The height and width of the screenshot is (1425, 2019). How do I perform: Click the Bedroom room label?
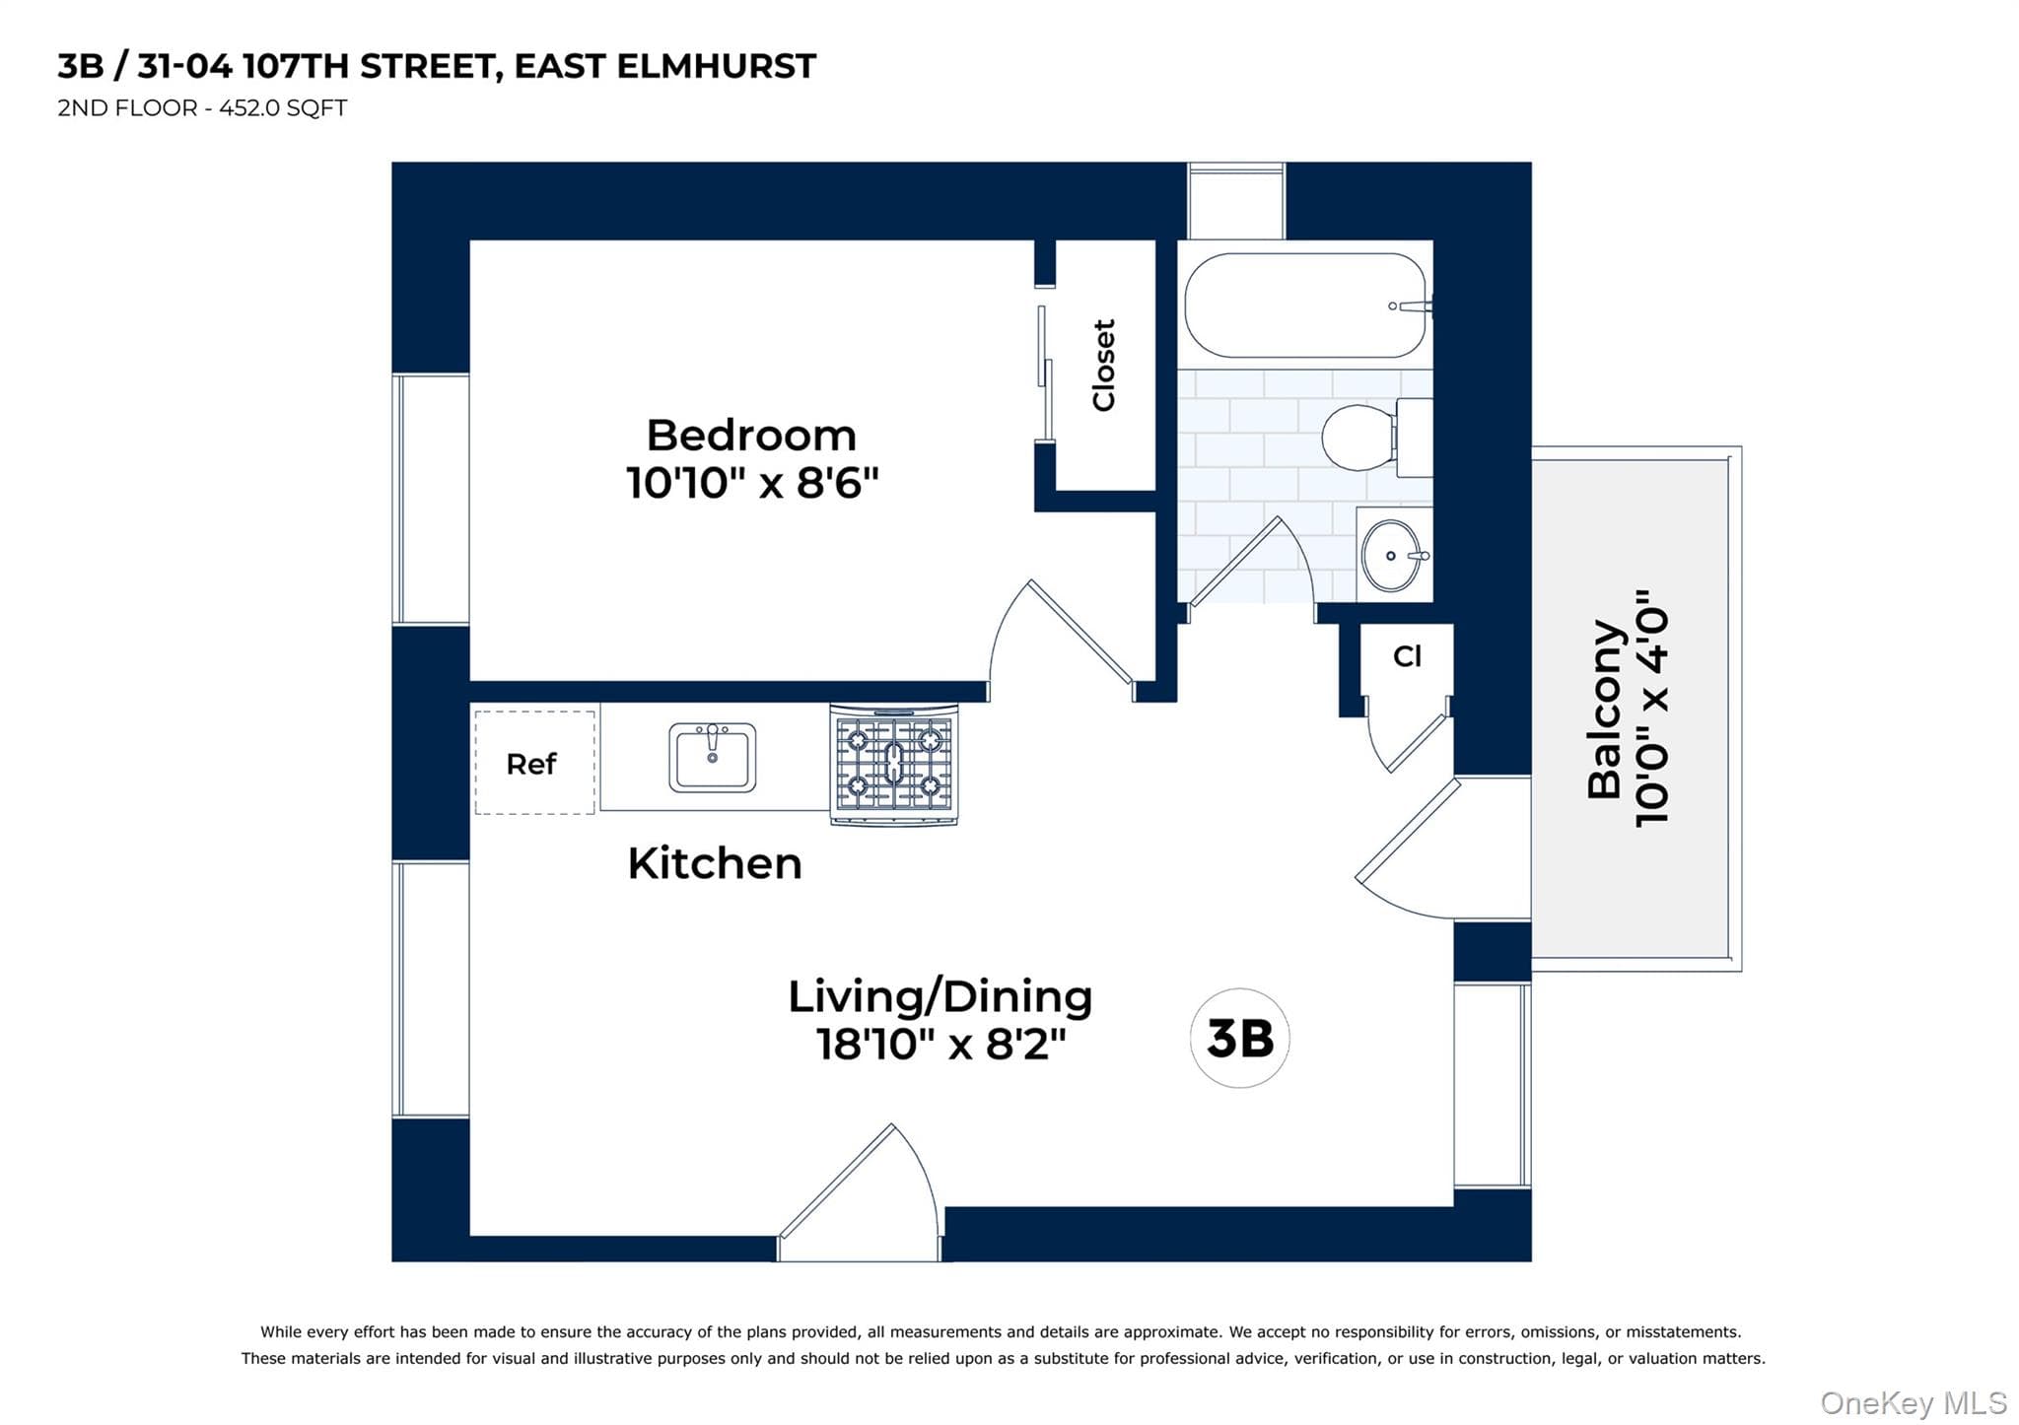click(x=751, y=435)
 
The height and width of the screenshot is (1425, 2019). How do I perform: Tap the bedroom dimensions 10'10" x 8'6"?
click(x=752, y=483)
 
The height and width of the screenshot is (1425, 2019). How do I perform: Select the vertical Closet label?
click(x=1103, y=365)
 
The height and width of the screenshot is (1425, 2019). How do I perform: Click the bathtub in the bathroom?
click(x=1305, y=305)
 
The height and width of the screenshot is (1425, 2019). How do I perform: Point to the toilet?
click(x=1376, y=437)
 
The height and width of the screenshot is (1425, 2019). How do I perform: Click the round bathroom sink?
click(x=1392, y=556)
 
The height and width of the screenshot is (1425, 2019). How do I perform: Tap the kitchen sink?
click(x=713, y=757)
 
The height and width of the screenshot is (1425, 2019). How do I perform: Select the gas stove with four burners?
click(x=894, y=764)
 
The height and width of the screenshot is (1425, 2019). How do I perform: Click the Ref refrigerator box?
click(x=534, y=763)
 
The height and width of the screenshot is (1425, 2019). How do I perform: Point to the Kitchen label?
click(x=715, y=863)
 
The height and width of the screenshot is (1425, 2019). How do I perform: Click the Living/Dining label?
click(x=940, y=996)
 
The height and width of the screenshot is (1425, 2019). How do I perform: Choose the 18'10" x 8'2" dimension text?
click(x=941, y=1044)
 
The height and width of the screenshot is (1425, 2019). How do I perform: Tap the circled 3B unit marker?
click(x=1240, y=1039)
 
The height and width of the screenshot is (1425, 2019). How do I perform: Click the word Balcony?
click(x=1605, y=709)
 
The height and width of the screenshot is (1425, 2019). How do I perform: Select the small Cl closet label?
click(x=1407, y=656)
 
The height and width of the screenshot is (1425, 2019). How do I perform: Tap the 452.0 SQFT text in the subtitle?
click(x=283, y=108)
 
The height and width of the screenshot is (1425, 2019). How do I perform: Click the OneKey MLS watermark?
click(x=1913, y=1402)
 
